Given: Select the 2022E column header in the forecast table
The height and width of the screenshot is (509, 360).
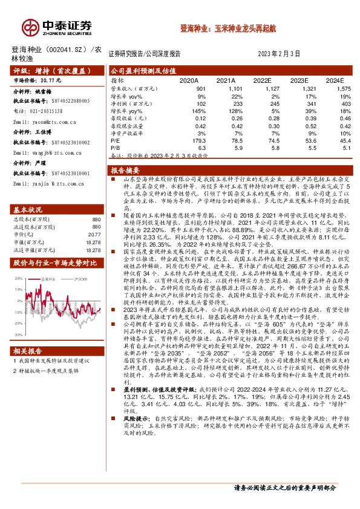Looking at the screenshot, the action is [x=262, y=80].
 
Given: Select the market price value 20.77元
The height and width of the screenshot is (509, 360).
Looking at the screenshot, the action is [x=51, y=80].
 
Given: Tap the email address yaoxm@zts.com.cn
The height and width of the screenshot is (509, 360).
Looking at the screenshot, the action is [x=45, y=122].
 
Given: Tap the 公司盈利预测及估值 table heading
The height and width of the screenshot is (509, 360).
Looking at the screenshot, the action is [x=143, y=70].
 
